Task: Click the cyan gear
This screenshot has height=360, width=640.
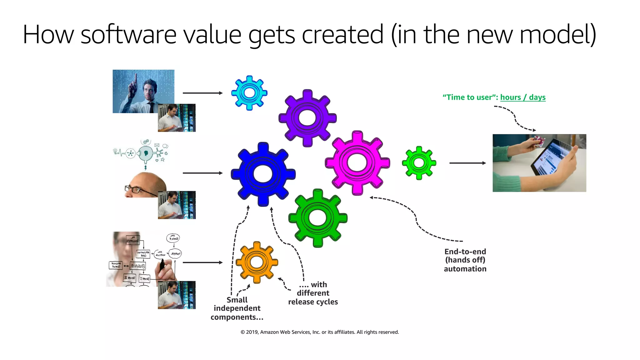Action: (249, 93)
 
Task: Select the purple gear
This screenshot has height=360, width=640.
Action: (307, 118)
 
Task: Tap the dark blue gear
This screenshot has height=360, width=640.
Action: (263, 174)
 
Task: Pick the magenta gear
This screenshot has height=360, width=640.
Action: (357, 163)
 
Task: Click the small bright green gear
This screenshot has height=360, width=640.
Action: (419, 163)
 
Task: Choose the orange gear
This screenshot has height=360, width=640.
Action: (257, 262)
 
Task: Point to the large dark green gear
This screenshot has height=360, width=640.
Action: (317, 218)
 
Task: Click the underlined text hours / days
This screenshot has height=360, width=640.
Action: (523, 97)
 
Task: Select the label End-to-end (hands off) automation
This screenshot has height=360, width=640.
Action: (465, 260)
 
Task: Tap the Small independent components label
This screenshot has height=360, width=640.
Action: (237, 308)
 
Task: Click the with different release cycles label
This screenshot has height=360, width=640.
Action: (313, 293)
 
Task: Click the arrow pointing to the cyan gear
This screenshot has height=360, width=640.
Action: (202, 93)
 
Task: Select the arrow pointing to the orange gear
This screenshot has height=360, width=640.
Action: (202, 262)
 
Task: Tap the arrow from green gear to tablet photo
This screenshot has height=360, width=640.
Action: (467, 163)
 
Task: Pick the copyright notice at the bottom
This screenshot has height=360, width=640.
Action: (320, 332)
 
